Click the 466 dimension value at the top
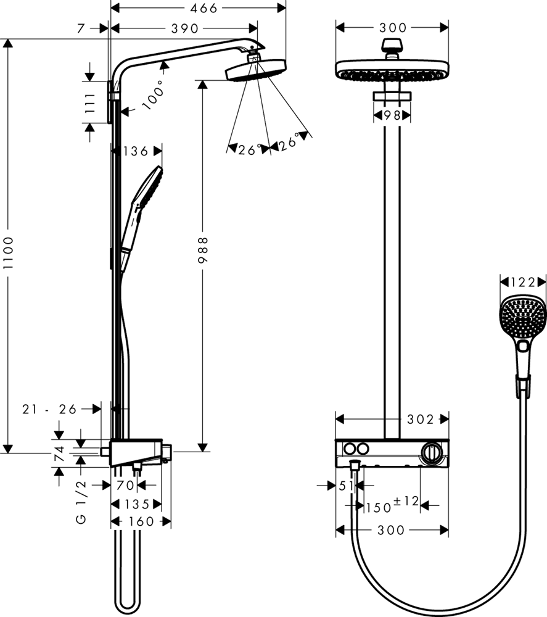pos(203,8)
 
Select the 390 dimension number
pos(185,28)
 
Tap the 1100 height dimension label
pos(8,253)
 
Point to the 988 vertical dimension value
pos(202,250)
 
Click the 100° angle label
pos(153,95)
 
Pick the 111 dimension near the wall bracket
pos(90,102)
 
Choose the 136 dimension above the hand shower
pos(136,151)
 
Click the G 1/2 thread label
pos(81,502)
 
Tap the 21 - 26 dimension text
pos(49,409)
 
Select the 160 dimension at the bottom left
pos(141,522)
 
